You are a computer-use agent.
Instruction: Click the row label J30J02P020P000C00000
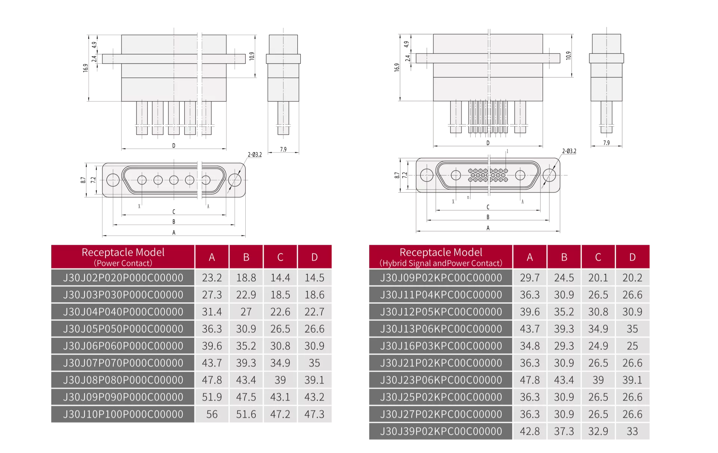123,277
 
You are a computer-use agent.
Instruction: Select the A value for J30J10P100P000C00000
212,414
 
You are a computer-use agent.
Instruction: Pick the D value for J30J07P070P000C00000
314,363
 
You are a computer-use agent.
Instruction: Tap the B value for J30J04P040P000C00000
246,311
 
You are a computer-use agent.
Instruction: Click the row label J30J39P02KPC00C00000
441,431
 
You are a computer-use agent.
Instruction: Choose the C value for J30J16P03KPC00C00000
598,346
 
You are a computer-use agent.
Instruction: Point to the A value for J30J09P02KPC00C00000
530,277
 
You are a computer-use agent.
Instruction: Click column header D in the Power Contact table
314,257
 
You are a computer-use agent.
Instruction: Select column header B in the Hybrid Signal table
564,257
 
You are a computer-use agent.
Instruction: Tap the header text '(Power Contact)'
123,263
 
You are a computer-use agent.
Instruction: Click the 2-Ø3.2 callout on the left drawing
255,155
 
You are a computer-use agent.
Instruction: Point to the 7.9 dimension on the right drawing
606,143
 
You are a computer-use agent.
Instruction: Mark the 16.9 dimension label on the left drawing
86,68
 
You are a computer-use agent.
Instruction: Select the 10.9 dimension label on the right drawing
568,56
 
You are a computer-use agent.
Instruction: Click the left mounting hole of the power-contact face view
113,180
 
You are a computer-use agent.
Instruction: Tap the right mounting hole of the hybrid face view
549,175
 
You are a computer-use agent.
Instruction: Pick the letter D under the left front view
174,146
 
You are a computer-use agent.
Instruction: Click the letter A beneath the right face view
488,228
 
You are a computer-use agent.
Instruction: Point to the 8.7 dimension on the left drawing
83,180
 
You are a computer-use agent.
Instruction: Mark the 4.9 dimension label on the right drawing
406,44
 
